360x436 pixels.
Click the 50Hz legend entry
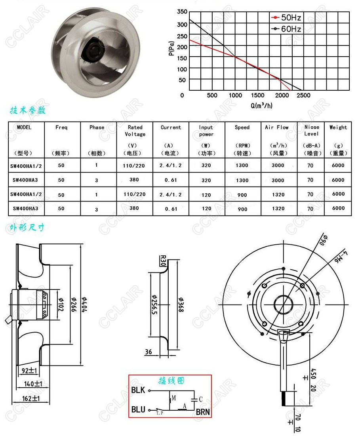pyautogui.click(x=286, y=17)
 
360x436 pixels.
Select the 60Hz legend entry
pyautogui.click(x=286, y=29)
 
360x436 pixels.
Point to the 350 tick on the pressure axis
pyautogui.click(x=182, y=11)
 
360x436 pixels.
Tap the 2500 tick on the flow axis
pyautogui.click(x=303, y=95)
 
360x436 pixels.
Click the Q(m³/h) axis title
pyautogui.click(x=261, y=105)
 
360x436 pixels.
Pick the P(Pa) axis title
pyautogui.click(x=171, y=48)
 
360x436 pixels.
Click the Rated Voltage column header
pyautogui.click(x=135, y=131)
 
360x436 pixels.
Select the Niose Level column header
pyautogui.click(x=311, y=130)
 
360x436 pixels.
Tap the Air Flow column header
pyautogui.click(x=276, y=128)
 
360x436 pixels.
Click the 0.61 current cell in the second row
pyautogui.click(x=171, y=180)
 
